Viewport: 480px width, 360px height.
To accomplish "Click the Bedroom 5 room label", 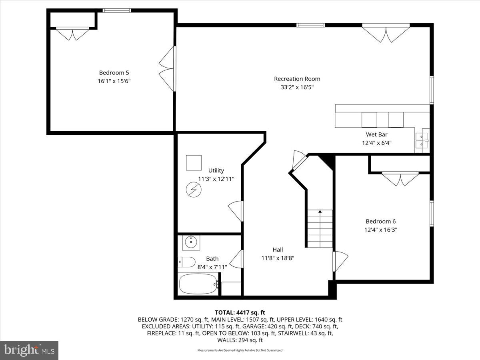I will coord(114,73).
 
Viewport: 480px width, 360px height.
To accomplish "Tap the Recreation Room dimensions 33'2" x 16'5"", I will coord(297,87).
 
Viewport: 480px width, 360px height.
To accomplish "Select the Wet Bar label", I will coord(376,134).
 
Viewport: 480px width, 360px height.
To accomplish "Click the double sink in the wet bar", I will coord(422,138).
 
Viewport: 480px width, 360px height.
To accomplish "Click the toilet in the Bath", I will coord(186,262).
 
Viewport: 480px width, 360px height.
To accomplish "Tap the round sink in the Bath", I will coord(191,242).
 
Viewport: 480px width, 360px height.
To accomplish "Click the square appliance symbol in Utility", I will coord(194,163).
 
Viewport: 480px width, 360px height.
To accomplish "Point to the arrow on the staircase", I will coord(320,211).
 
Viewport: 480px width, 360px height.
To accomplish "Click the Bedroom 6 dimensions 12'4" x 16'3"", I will coord(381,230).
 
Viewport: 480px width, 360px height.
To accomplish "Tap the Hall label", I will coord(278,250).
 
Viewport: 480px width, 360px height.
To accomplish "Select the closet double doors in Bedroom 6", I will coord(400,178).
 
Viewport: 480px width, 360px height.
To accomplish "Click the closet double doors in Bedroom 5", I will coord(72,34).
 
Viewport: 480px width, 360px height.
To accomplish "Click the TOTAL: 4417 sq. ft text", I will coord(240,312).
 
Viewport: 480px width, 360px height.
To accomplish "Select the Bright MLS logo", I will coord(29,350).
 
